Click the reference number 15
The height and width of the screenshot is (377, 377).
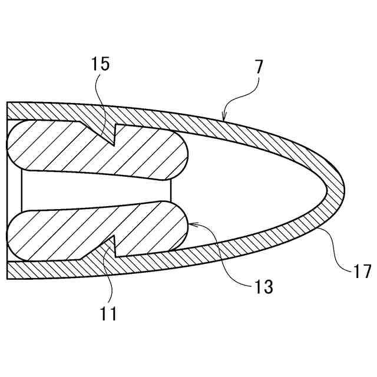coord(101,64)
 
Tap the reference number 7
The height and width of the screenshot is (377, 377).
coord(260,66)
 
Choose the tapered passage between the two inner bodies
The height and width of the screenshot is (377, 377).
coord(94,190)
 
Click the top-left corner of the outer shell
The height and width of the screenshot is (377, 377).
coord(8,104)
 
